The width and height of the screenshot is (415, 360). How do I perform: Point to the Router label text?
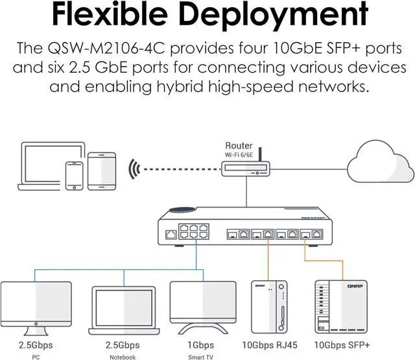coord(239,146)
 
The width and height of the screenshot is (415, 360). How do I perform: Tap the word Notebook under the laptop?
coord(122,357)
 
